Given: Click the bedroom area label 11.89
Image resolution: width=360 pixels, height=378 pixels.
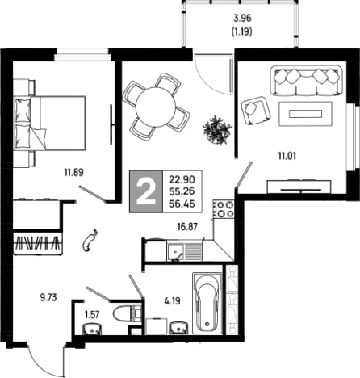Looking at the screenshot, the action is click(74, 172).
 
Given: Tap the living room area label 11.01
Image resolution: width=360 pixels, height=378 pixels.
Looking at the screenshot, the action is click(287, 156).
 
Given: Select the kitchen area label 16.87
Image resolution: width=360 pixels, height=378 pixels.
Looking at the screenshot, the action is click(187, 227).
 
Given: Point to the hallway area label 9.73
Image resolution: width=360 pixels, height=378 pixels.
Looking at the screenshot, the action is click(48, 298).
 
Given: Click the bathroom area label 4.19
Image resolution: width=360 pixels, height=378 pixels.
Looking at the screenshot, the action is click(173, 300).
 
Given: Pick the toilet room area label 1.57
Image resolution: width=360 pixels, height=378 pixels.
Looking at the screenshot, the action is click(92, 314).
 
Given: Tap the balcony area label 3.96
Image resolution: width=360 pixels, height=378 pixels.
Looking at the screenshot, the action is click(242, 19).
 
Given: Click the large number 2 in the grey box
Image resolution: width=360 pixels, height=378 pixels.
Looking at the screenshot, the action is click(146, 191).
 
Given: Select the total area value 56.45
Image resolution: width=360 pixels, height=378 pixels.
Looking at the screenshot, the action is click(182, 204).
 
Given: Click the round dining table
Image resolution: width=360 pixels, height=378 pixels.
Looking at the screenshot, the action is click(156, 107).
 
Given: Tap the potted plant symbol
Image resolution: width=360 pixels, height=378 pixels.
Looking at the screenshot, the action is click(217, 130).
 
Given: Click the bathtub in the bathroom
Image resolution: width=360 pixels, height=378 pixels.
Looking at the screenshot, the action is click(207, 303).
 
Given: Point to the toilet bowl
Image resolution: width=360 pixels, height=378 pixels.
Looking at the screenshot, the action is click(128, 314).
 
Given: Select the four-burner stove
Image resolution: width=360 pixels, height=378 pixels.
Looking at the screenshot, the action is click(224, 209).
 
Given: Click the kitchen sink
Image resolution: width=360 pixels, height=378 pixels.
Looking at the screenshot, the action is click(175, 251).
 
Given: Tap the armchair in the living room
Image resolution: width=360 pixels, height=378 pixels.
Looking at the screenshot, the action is click(256, 111).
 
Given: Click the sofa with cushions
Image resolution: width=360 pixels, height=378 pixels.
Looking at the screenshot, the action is click(306, 80).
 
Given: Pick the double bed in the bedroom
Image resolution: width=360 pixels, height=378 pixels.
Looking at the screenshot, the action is click(50, 123).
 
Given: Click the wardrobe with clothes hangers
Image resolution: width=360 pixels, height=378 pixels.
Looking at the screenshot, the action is click(37, 242).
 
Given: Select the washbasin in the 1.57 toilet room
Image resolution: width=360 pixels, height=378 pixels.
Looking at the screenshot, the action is click(92, 330).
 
